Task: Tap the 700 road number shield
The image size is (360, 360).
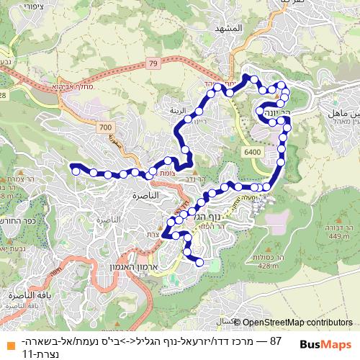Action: pos(107,127)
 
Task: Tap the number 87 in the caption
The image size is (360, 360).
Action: pos(274,339)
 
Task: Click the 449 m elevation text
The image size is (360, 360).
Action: pos(338,235)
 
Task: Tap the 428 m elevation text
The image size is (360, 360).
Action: pos(267,266)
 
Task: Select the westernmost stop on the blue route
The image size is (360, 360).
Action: pos(75,170)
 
